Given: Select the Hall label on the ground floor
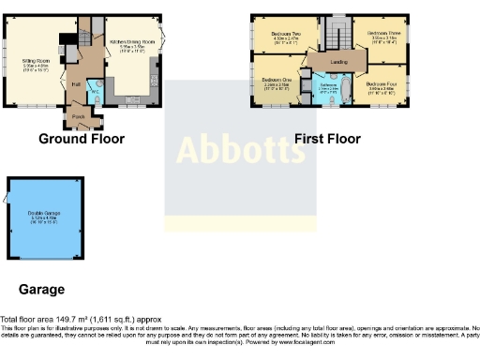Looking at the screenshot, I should coord(74,84).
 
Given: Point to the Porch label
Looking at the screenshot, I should coord(78,117).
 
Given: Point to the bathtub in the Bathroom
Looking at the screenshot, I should coord(343,91).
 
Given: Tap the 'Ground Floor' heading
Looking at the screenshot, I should coord(81,139).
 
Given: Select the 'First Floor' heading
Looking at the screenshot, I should coord(327,139).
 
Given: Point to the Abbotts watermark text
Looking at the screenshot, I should coord(235,148).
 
